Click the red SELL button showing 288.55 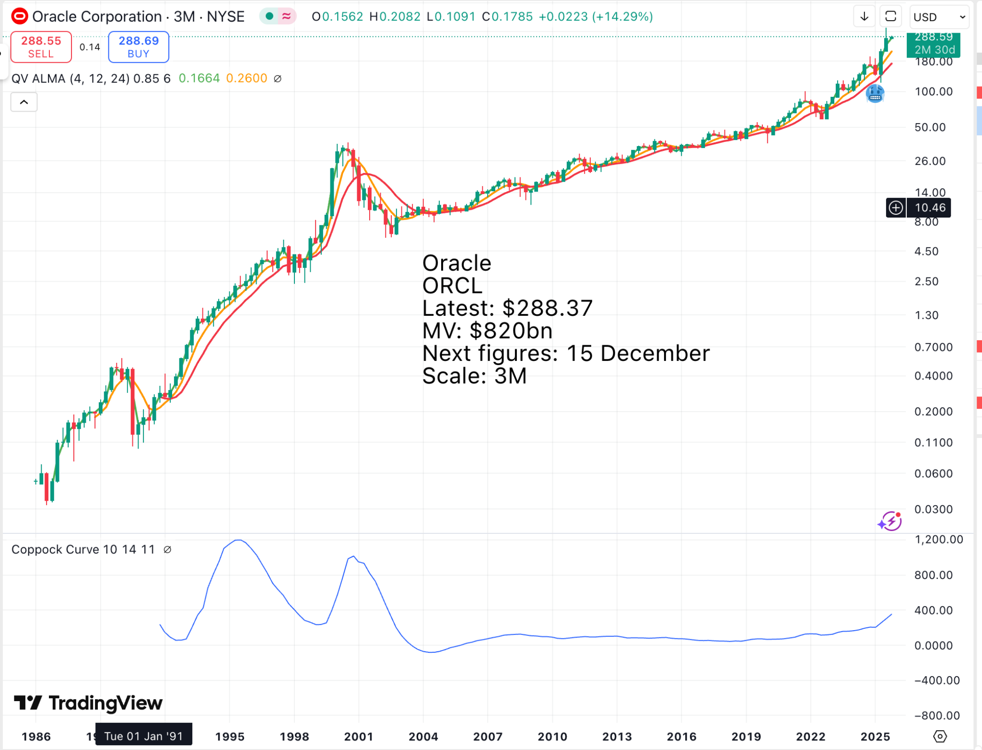[x=41, y=47]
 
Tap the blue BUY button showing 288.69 [x=139, y=47]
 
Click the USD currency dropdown [x=938, y=17]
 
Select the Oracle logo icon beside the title [x=20, y=17]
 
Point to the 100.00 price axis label [x=933, y=92]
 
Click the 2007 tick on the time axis [x=488, y=737]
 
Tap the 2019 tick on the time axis [x=746, y=737]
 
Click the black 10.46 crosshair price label [x=930, y=208]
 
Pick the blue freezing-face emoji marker [x=875, y=93]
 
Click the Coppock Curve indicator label [x=83, y=550]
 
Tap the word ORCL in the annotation [x=452, y=286]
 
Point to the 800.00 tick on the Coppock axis [x=933, y=575]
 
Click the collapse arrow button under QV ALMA [x=24, y=102]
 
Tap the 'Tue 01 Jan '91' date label [x=143, y=736]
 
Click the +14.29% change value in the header [x=622, y=17]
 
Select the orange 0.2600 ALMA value [x=246, y=79]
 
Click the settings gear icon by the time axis [x=940, y=736]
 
